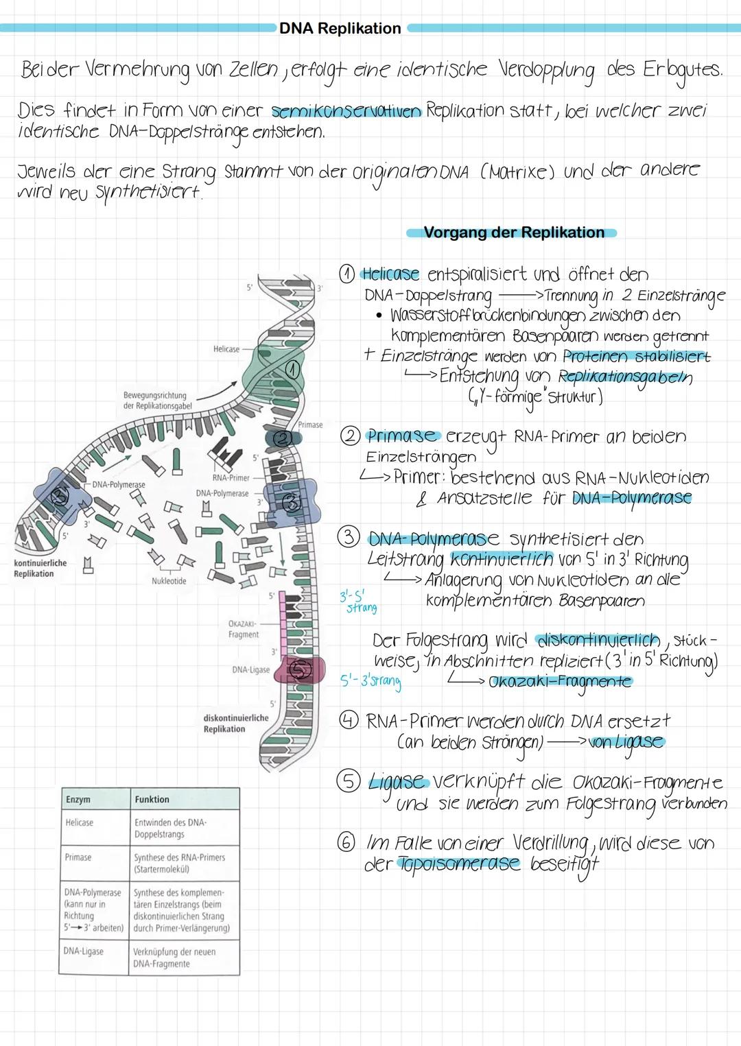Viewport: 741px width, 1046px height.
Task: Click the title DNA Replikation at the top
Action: tap(340, 28)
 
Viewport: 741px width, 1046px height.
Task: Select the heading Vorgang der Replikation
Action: tap(513, 233)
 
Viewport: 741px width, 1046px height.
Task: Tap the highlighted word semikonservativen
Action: tap(346, 110)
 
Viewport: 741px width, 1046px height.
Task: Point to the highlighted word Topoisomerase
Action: tap(459, 864)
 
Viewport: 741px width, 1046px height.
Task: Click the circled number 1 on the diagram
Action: tap(293, 370)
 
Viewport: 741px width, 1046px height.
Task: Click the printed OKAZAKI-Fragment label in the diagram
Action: tap(244, 629)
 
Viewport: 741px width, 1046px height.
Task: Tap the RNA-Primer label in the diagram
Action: tap(231, 477)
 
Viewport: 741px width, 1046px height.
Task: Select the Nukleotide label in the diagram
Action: tap(169, 581)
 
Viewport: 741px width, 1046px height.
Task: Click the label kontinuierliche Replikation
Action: tap(40, 568)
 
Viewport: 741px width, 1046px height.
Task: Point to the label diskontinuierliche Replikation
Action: tap(235, 723)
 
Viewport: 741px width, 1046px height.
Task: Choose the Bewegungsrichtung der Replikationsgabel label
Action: tap(157, 401)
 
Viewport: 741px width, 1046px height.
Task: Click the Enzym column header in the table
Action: tap(78, 799)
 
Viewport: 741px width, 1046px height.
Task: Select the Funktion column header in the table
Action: tap(152, 799)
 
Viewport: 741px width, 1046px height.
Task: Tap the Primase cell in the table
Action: tap(78, 857)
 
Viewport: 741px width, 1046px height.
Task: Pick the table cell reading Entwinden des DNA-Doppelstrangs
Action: tap(170, 828)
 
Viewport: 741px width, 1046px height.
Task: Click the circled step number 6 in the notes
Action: tap(346, 842)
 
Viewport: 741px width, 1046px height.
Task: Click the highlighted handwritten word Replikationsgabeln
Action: tap(625, 377)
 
